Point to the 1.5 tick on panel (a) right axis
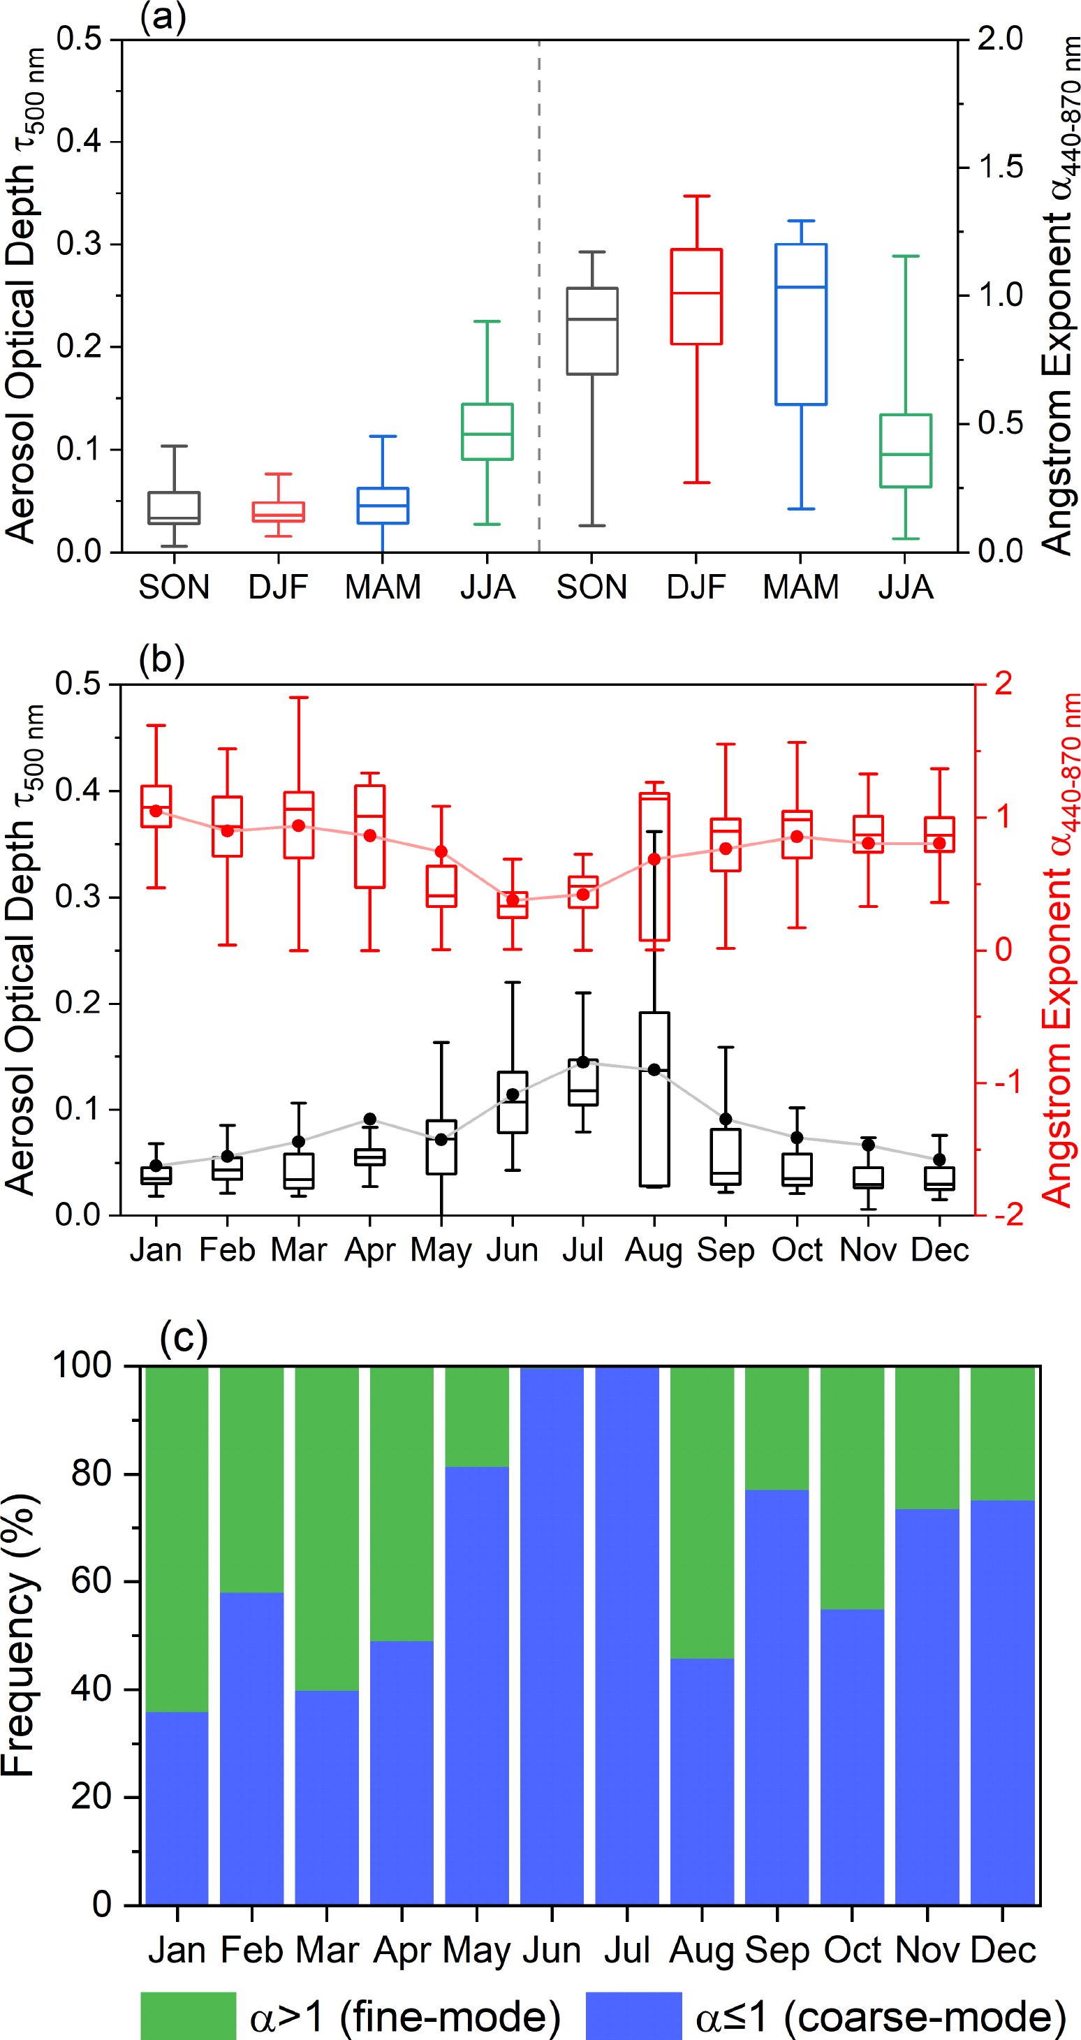1000,167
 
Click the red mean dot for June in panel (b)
513,900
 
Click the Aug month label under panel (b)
654,1250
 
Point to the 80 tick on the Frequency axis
91,1473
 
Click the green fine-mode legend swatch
189,2016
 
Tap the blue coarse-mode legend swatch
633,2016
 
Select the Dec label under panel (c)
1003,1950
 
